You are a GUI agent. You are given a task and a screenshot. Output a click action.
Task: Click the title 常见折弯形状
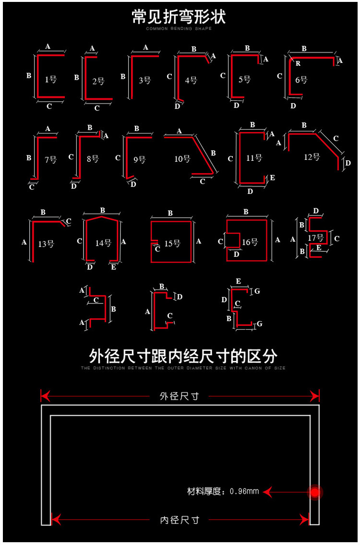(x=179, y=17)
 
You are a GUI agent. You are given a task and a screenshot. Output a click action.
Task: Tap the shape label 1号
(x=50, y=80)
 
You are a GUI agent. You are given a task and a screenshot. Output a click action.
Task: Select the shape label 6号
(x=301, y=80)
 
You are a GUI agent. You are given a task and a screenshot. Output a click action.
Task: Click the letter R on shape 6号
(x=298, y=63)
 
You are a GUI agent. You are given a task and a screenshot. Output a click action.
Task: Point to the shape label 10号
(x=182, y=159)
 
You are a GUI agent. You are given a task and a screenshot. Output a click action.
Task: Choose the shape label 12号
(x=312, y=157)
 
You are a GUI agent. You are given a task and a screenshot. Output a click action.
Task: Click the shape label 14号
(x=103, y=243)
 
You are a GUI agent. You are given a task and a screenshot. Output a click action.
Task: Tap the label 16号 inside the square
(x=250, y=242)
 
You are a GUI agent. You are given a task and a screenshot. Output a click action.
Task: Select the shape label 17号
(x=315, y=238)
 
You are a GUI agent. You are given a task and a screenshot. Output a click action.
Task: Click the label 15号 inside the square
(x=172, y=243)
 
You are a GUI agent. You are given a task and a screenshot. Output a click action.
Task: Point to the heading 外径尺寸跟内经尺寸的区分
(x=183, y=357)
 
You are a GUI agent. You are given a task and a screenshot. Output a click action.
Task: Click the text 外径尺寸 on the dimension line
(x=179, y=396)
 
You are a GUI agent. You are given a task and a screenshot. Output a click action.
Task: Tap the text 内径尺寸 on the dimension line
(x=180, y=520)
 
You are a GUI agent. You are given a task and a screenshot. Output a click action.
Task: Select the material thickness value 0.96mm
(x=244, y=491)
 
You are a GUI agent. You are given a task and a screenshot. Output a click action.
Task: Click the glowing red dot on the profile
(x=315, y=492)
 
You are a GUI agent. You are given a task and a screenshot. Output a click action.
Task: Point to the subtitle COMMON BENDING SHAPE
(x=179, y=29)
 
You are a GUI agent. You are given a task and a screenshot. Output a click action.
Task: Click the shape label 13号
(x=46, y=244)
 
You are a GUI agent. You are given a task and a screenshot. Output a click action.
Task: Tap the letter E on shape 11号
(x=273, y=178)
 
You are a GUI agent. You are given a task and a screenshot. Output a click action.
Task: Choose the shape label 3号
(x=144, y=81)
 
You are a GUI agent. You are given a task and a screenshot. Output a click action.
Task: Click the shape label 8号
(x=93, y=159)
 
